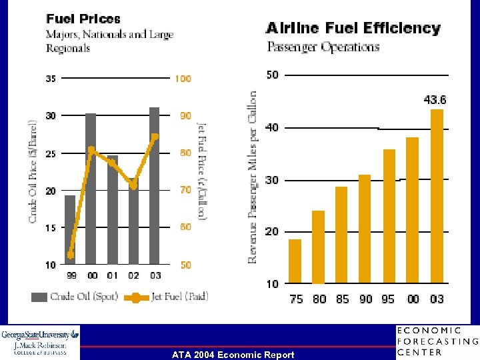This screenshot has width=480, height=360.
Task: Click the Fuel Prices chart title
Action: (83, 19)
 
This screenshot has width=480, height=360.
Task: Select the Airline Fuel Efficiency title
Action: (353, 28)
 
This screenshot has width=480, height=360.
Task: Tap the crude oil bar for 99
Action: (70, 229)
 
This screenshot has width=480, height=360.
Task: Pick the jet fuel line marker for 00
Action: (91, 149)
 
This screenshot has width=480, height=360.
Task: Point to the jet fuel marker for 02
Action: (133, 186)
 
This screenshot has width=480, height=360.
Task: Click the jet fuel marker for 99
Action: (71, 255)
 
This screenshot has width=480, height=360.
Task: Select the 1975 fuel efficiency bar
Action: (295, 261)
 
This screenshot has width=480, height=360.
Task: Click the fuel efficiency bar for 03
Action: (437, 197)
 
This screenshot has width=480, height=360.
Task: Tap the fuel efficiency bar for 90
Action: (365, 229)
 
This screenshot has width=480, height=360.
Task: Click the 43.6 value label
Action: (435, 100)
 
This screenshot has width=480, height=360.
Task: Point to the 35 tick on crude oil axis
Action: (51, 79)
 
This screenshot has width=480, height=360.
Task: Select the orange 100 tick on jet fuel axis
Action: (183, 79)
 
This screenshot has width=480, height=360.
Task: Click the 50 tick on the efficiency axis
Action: (273, 74)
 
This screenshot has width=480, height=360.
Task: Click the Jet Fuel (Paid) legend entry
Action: (167, 297)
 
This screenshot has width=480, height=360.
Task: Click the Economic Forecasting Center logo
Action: (437, 341)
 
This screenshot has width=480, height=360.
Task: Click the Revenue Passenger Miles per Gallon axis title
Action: (253, 177)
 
